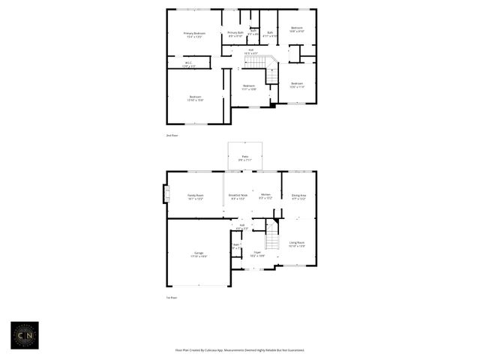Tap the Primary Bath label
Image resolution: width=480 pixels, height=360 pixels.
(235, 34)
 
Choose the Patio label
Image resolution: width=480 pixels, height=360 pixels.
(244, 158)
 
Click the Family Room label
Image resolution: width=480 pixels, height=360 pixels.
(195, 197)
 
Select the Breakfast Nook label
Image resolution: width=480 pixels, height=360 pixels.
(238, 197)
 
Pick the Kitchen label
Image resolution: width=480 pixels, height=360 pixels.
(265, 196)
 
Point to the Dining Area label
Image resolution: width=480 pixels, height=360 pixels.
(298, 196)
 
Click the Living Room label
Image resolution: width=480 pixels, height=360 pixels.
(297, 244)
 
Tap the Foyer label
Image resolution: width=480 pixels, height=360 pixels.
(257, 254)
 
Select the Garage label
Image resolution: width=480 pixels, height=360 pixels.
(199, 254)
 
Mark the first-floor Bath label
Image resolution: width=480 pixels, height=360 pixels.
(236, 245)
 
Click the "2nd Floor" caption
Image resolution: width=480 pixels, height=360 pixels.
(172, 136)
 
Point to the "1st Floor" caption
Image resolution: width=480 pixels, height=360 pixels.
(172, 298)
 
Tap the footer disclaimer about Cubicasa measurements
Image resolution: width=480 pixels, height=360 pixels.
(240, 350)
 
